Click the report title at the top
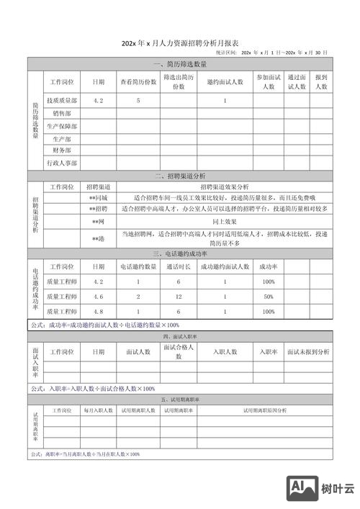coord(179,43)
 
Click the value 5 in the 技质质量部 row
coord(138,101)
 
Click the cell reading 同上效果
coord(225,222)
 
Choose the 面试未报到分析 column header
coord(308,351)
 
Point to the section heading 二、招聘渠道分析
coord(179,176)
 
